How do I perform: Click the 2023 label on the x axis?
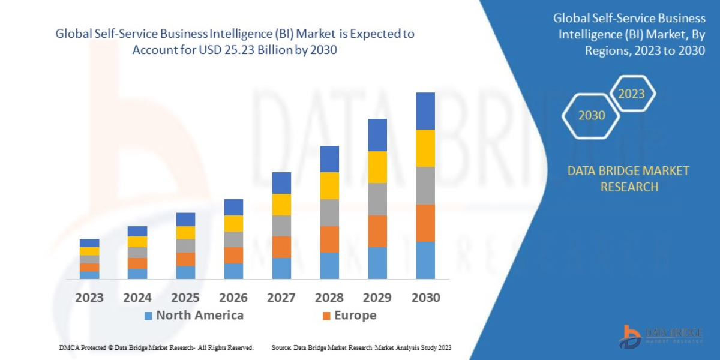pyautogui.click(x=89, y=298)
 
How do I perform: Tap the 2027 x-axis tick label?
pyautogui.click(x=281, y=298)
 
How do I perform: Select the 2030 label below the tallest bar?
pyautogui.click(x=425, y=298)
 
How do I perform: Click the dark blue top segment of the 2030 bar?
pyautogui.click(x=425, y=111)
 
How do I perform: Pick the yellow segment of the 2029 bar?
pyautogui.click(x=377, y=167)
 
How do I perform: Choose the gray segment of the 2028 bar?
pyautogui.click(x=329, y=212)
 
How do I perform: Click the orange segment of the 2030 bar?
pyautogui.click(x=425, y=223)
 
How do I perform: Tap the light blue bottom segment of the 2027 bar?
pyautogui.click(x=281, y=268)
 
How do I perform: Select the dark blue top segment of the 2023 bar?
pyautogui.click(x=89, y=243)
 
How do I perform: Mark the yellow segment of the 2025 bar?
pyautogui.click(x=185, y=233)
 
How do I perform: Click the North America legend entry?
pyautogui.click(x=193, y=316)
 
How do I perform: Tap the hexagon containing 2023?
pyautogui.click(x=631, y=94)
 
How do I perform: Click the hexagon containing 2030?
pyautogui.click(x=591, y=115)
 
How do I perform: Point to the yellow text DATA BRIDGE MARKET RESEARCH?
pyautogui.click(x=628, y=179)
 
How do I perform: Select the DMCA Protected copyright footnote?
pyautogui.click(x=157, y=347)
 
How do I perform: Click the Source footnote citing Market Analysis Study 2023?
pyautogui.click(x=361, y=347)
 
